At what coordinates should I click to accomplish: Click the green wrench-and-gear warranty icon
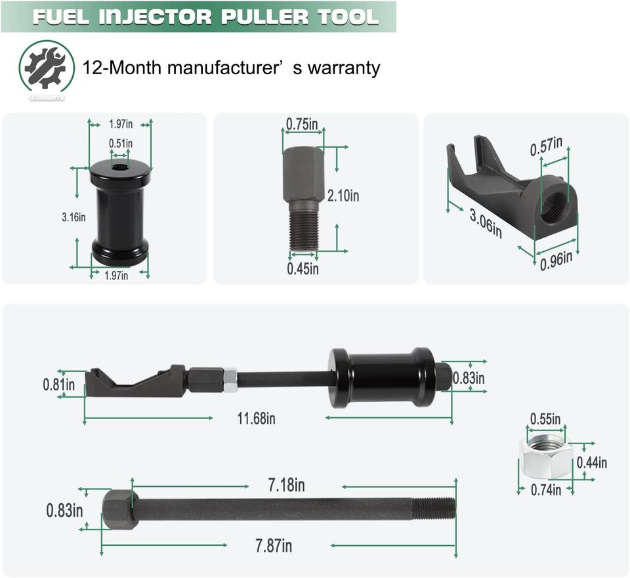(46, 68)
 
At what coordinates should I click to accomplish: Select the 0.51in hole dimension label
(121, 143)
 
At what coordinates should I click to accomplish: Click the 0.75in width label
(302, 123)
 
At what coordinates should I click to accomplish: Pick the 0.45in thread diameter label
(303, 268)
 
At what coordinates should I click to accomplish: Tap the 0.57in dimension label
(546, 146)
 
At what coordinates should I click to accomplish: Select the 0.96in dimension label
(556, 260)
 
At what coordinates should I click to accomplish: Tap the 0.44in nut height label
(592, 463)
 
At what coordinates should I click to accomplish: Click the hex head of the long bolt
(119, 508)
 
